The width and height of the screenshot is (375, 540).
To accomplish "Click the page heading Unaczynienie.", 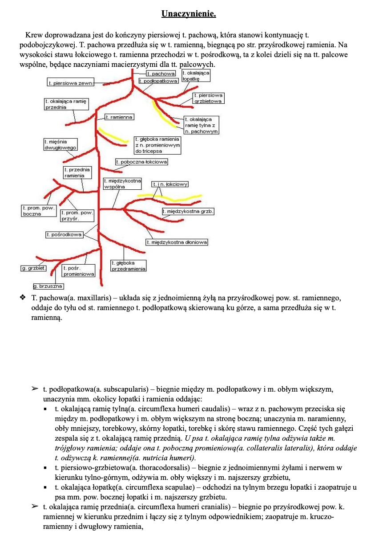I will [189, 14].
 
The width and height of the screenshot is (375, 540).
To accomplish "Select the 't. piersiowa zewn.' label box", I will [71, 82].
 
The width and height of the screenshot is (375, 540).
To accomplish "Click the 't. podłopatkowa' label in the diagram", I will [158, 81].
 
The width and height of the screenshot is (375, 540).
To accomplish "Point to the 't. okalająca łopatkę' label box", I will [196, 75].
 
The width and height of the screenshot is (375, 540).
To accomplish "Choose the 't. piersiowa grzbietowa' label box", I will [208, 98].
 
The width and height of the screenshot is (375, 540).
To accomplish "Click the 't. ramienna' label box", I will [119, 117].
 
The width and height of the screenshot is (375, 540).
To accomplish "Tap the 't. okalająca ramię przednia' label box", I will [66, 104].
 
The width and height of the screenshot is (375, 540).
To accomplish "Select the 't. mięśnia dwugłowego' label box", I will [60, 144].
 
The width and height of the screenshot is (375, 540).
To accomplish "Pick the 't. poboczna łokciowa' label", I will [141, 162].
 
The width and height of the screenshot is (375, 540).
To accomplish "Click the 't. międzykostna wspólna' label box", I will [122, 184].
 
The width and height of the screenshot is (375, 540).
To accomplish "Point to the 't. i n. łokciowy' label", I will [170, 184].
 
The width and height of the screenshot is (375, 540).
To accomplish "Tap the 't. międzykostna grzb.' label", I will [188, 211].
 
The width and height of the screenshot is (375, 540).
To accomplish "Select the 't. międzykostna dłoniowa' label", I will [177, 242].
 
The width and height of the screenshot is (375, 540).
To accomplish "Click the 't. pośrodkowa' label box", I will [64, 234].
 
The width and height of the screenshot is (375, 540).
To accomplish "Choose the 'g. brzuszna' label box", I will [48, 286].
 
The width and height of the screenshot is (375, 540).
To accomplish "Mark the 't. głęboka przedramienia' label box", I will [128, 266].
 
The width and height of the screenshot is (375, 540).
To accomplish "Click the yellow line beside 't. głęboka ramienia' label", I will [114, 136].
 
